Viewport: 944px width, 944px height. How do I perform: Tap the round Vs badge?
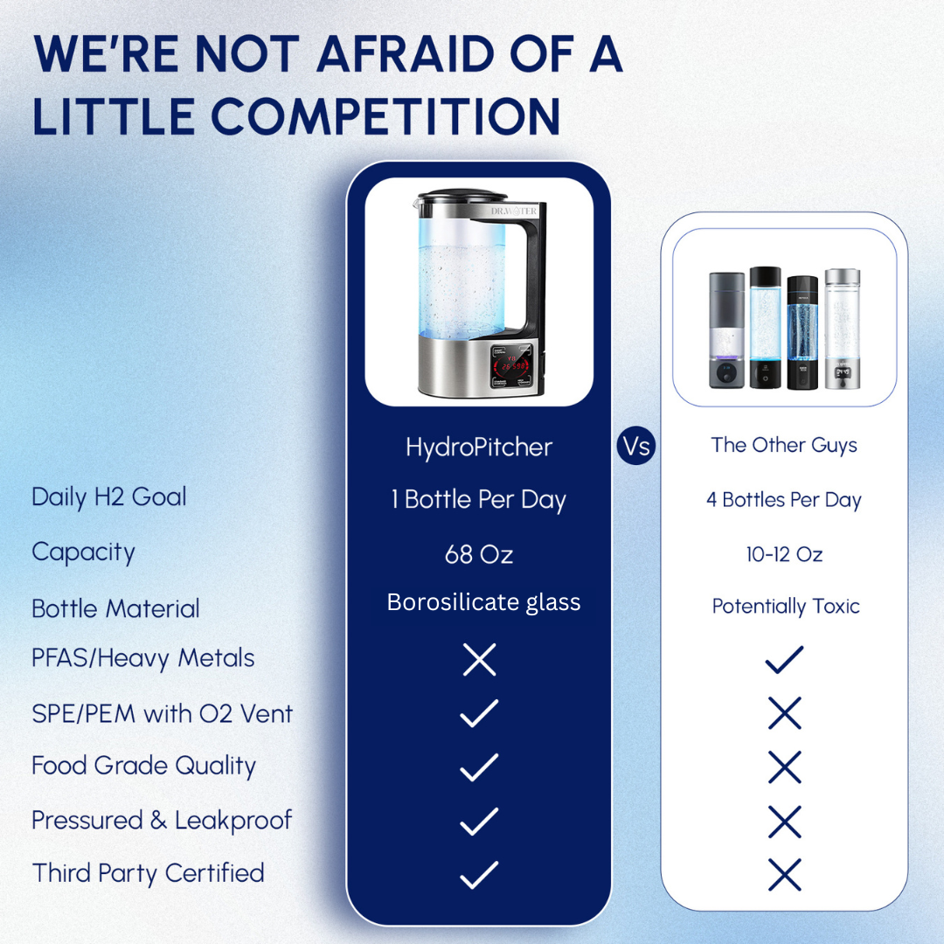tap(636, 446)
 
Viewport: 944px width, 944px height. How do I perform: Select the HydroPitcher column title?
tap(479, 448)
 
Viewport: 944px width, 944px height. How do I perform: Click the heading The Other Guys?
tap(784, 445)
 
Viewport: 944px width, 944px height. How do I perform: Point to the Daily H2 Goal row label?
tap(109, 497)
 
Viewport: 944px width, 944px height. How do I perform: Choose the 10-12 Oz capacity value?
tap(784, 554)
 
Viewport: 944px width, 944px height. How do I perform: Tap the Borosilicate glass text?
tap(483, 602)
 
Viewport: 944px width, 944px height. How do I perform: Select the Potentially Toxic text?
tap(786, 606)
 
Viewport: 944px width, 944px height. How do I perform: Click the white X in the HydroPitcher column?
tap(479, 660)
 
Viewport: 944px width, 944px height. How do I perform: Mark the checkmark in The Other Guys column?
tap(784, 660)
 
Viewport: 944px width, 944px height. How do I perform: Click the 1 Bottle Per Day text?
tap(478, 500)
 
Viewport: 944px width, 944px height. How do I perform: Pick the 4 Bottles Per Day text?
tap(784, 500)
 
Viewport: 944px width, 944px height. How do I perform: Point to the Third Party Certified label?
tap(148, 873)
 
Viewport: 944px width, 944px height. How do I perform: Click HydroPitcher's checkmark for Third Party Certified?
tap(479, 874)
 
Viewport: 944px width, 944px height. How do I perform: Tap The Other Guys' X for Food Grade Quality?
tap(784, 767)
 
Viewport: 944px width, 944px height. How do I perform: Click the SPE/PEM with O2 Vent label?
tap(162, 713)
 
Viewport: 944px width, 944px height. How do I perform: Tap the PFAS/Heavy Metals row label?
tap(143, 658)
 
